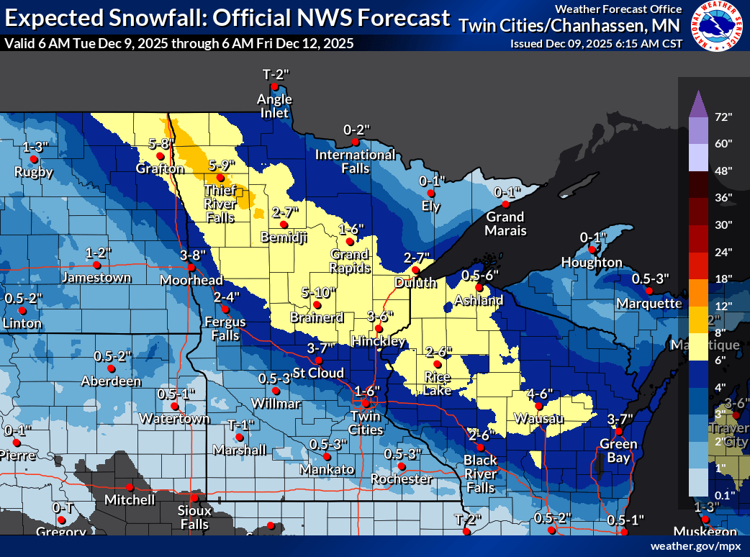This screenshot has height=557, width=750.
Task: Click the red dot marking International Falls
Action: click(356, 142)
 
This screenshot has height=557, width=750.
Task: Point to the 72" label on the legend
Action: click(723, 117)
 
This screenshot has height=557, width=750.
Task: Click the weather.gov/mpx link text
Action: click(695, 546)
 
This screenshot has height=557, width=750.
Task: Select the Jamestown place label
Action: click(96, 277)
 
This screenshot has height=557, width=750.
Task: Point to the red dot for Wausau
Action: click(538, 407)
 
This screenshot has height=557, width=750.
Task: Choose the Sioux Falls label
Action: click(194, 517)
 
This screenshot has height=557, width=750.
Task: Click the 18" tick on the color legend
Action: click(723, 278)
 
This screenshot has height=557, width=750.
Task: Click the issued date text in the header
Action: click(596, 43)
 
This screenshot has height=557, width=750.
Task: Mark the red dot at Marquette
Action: click(649, 291)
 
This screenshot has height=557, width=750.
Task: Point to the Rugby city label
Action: click(35, 172)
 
